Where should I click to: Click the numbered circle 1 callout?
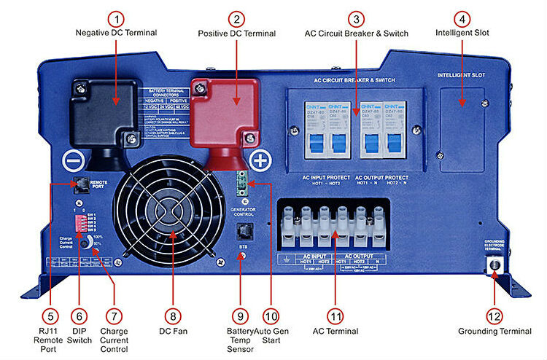[x=116, y=18]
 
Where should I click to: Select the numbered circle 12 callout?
[x=494, y=316]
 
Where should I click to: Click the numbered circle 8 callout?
[x=172, y=316]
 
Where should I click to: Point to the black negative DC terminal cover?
[x=104, y=113]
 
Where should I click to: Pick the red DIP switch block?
[x=82, y=222]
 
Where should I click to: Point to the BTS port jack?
[x=243, y=232]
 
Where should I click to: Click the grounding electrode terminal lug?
[x=494, y=263]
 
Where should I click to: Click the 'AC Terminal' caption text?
[x=335, y=332]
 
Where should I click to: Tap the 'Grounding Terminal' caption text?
[x=494, y=332]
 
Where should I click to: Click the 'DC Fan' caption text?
[x=173, y=332]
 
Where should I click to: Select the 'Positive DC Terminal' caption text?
[x=237, y=34]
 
